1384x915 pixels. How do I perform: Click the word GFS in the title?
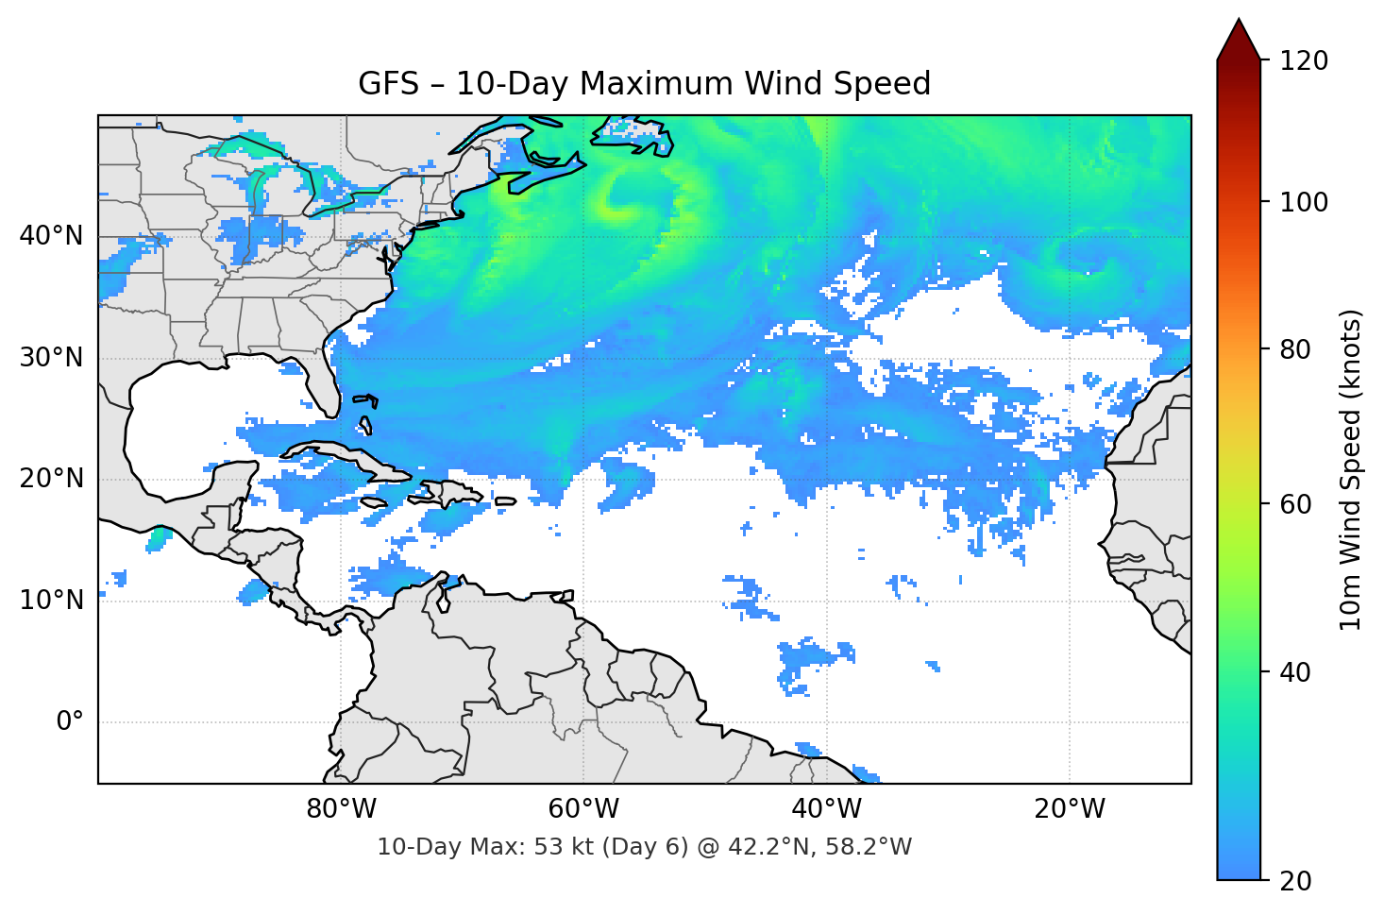pos(388,84)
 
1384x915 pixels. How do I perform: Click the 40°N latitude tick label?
pos(51,236)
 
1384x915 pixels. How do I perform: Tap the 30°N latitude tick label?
pos(51,358)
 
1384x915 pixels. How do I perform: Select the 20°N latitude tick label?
pos(51,479)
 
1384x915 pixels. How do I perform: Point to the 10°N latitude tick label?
pos(51,601)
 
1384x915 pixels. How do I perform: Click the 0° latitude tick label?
pos(69,722)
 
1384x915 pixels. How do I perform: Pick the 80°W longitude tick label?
pos(341,809)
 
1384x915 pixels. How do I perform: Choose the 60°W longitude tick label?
pos(583,809)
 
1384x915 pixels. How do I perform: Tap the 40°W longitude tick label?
pos(826,809)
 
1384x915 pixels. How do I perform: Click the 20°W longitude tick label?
pos(1069,809)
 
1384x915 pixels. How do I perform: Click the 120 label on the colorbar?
pos(1304,61)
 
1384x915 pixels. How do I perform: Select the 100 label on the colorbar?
pos(1304,202)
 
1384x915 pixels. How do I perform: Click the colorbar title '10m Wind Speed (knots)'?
pos(1351,470)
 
